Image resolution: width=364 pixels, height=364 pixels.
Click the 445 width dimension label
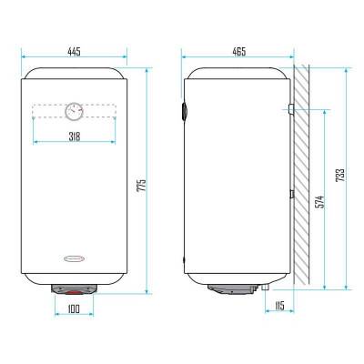[x=74, y=52]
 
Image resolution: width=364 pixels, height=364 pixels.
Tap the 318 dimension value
[x=75, y=136]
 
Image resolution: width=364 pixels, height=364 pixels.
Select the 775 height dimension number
[x=141, y=185]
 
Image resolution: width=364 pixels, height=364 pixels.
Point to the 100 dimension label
[x=74, y=308]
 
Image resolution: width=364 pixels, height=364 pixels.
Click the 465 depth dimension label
[x=239, y=52]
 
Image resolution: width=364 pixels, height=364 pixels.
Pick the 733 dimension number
[x=340, y=175]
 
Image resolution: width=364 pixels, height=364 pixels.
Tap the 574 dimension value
[x=319, y=202]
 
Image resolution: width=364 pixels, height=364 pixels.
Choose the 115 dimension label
[x=279, y=306]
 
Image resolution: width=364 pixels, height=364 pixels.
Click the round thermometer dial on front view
[x=74, y=111]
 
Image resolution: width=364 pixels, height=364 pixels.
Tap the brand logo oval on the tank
[x=75, y=258]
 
